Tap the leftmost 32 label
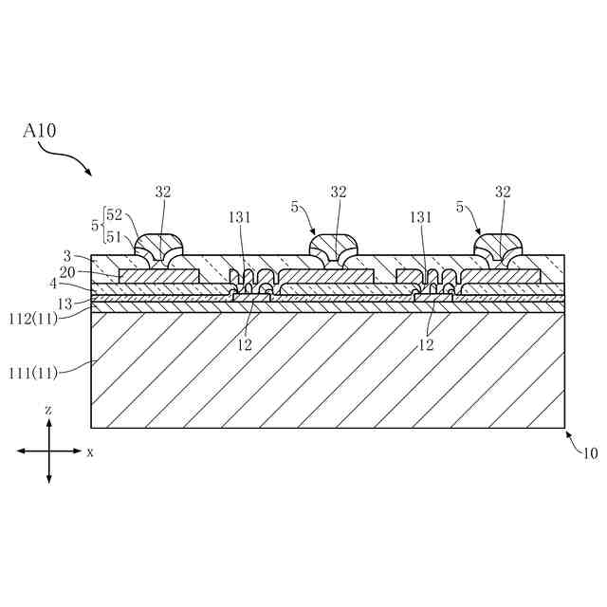click(x=163, y=192)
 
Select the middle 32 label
click(x=339, y=192)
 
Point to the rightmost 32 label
click(x=503, y=192)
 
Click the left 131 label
click(x=239, y=215)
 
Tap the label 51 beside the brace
click(x=115, y=238)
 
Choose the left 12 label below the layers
click(x=245, y=345)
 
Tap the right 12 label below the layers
click(x=426, y=345)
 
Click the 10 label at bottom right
click(x=589, y=453)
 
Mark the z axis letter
click(x=48, y=409)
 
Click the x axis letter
click(x=90, y=452)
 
